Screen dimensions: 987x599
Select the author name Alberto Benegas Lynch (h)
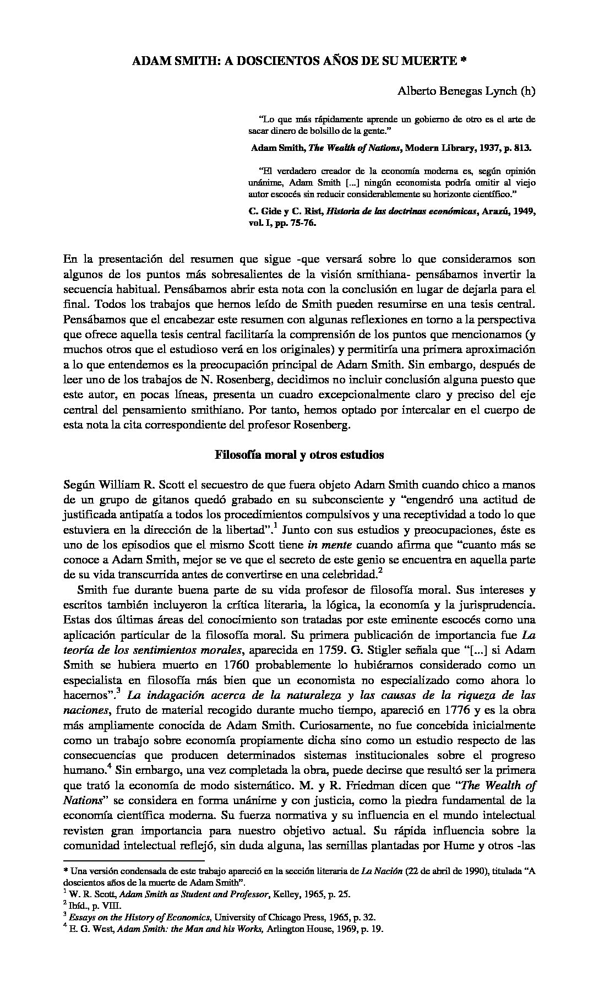466,93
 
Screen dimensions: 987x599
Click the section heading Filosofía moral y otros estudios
299,455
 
